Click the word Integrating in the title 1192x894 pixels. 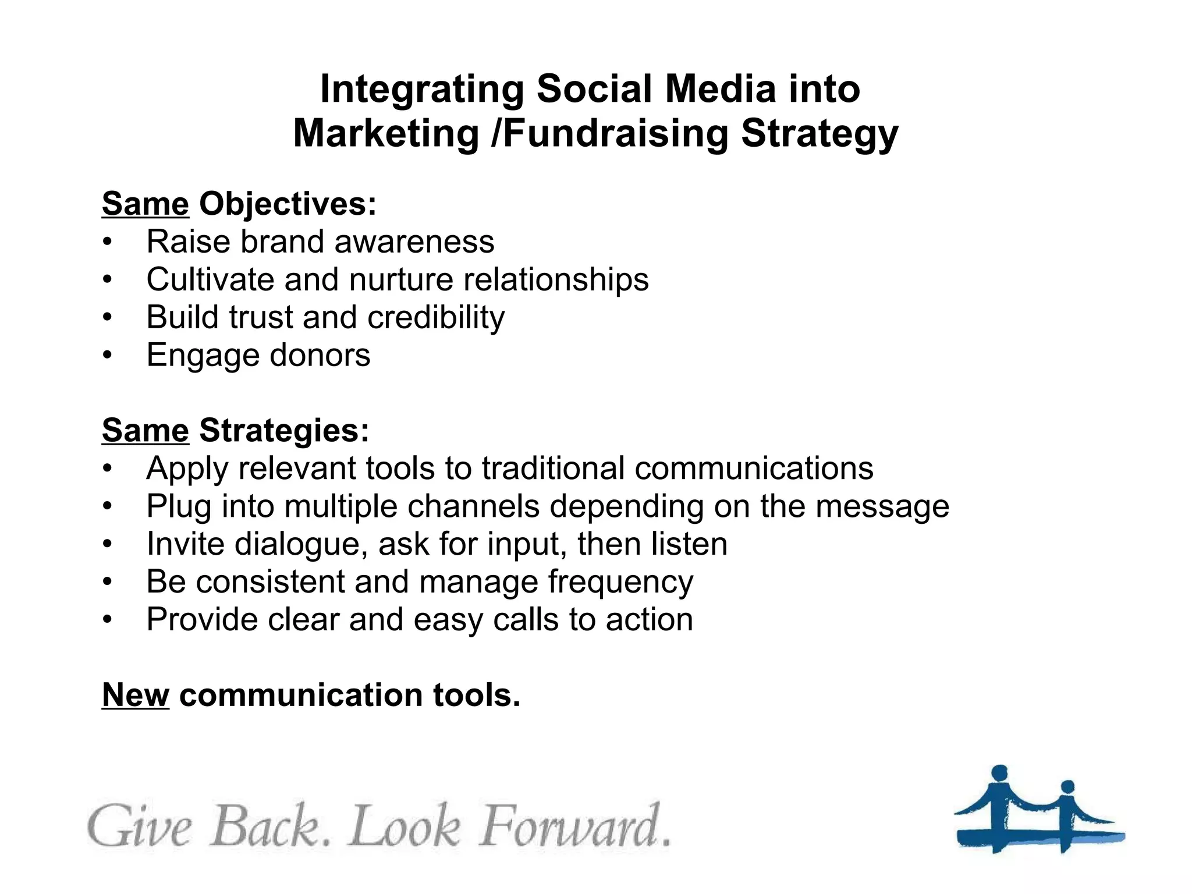[x=422, y=90]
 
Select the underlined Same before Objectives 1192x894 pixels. [x=146, y=204]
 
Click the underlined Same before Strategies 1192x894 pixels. [x=146, y=431]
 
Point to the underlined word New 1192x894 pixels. [x=136, y=695]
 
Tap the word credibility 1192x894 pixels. [x=436, y=318]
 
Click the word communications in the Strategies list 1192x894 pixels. [x=754, y=469]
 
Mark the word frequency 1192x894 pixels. [x=620, y=582]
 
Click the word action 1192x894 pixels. [x=650, y=620]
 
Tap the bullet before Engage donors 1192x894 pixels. [x=107, y=355]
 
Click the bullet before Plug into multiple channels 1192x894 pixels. [x=107, y=506]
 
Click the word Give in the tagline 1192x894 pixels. [x=140, y=826]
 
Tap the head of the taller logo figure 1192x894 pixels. [x=999, y=774]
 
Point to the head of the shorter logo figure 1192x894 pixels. [x=1067, y=787]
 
